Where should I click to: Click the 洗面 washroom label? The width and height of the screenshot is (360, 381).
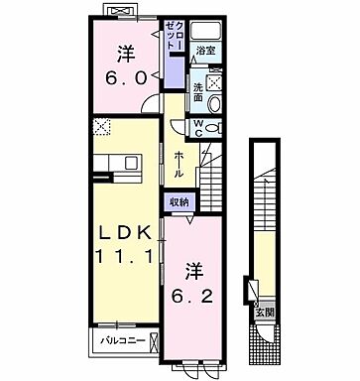click(x=197, y=90)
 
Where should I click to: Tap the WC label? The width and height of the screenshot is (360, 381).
click(x=198, y=127)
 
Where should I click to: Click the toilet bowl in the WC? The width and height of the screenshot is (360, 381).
click(x=217, y=127)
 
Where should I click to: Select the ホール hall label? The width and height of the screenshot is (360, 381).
click(x=179, y=164)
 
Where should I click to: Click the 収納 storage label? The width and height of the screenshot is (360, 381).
click(x=180, y=201)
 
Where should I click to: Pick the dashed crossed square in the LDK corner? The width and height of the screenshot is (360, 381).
click(x=101, y=126)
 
